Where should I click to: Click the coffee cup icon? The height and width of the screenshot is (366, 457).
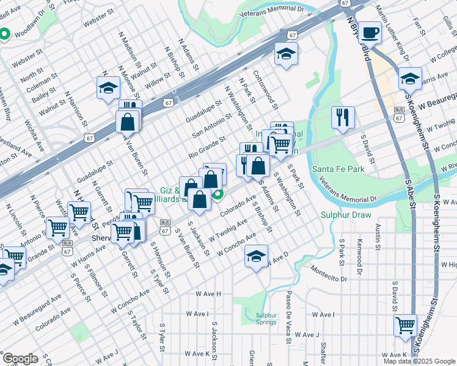(x=370, y=32)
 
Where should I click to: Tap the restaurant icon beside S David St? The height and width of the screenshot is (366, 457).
(x=343, y=117)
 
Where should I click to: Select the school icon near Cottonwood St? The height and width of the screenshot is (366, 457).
(x=285, y=55)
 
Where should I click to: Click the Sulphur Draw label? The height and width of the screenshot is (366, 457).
(x=342, y=215)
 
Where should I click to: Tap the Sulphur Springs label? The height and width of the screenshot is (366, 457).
(x=266, y=319)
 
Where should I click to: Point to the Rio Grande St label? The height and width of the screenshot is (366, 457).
(x=207, y=149)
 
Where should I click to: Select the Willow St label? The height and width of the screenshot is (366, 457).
(x=158, y=79)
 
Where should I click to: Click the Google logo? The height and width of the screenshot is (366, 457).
(x=20, y=358)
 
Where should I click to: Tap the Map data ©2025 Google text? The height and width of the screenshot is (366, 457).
(x=419, y=361)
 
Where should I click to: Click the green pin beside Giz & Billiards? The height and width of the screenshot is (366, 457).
(x=217, y=195)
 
